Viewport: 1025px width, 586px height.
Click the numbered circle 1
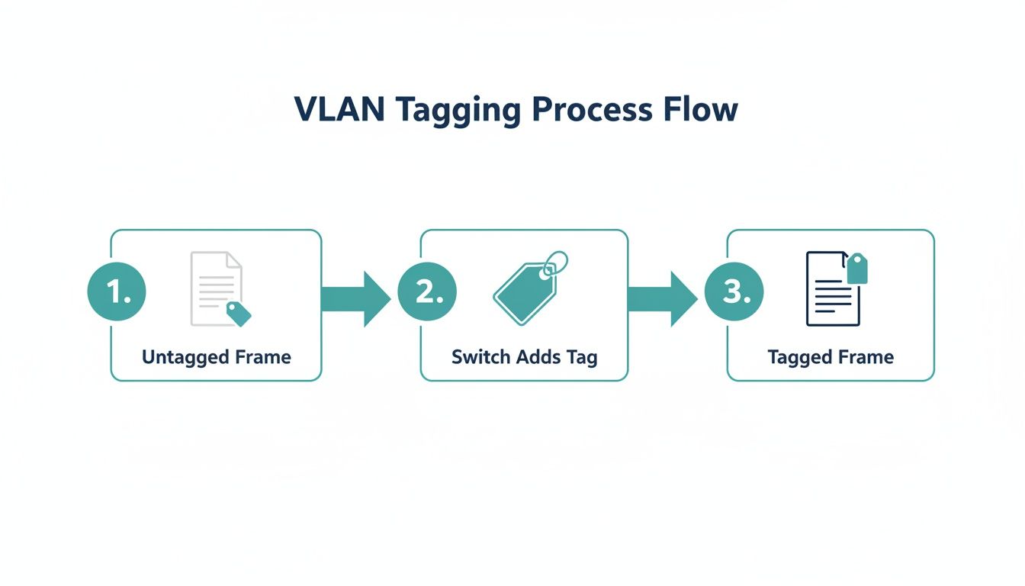[x=117, y=292]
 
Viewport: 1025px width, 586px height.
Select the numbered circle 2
[x=427, y=292]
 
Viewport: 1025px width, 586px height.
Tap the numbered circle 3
[x=734, y=292]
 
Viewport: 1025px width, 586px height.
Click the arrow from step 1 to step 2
[x=355, y=298]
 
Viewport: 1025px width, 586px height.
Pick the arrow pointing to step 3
[x=661, y=298]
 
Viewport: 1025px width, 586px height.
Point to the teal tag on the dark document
[x=857, y=268]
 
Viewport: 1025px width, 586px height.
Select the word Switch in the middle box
[x=478, y=357]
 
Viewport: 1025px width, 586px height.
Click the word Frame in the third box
[x=867, y=357]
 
